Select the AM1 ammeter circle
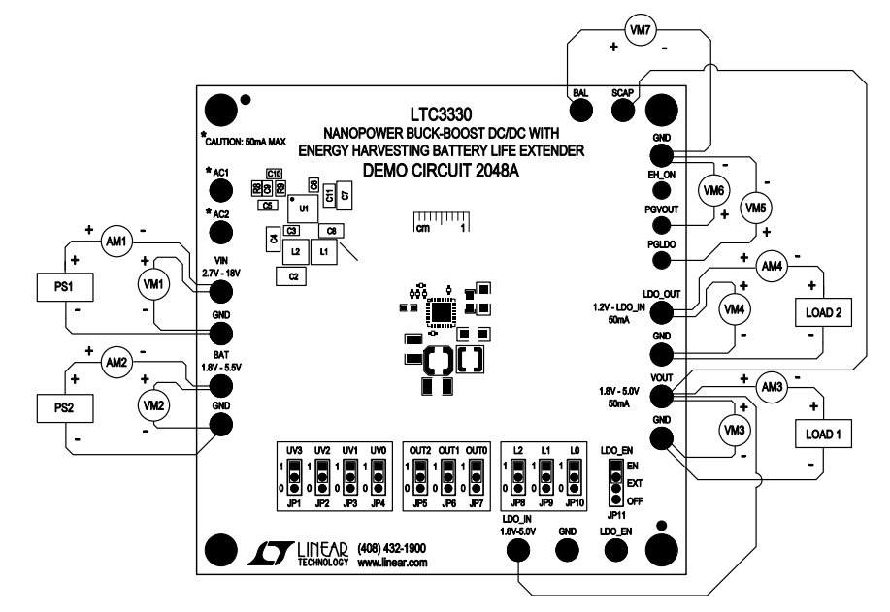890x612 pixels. tap(115, 245)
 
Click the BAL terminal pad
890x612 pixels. tap(581, 109)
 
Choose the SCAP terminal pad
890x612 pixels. tap(623, 109)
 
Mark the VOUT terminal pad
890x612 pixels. tap(662, 395)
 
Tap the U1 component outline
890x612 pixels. tap(303, 209)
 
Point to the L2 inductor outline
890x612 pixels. tap(295, 252)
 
